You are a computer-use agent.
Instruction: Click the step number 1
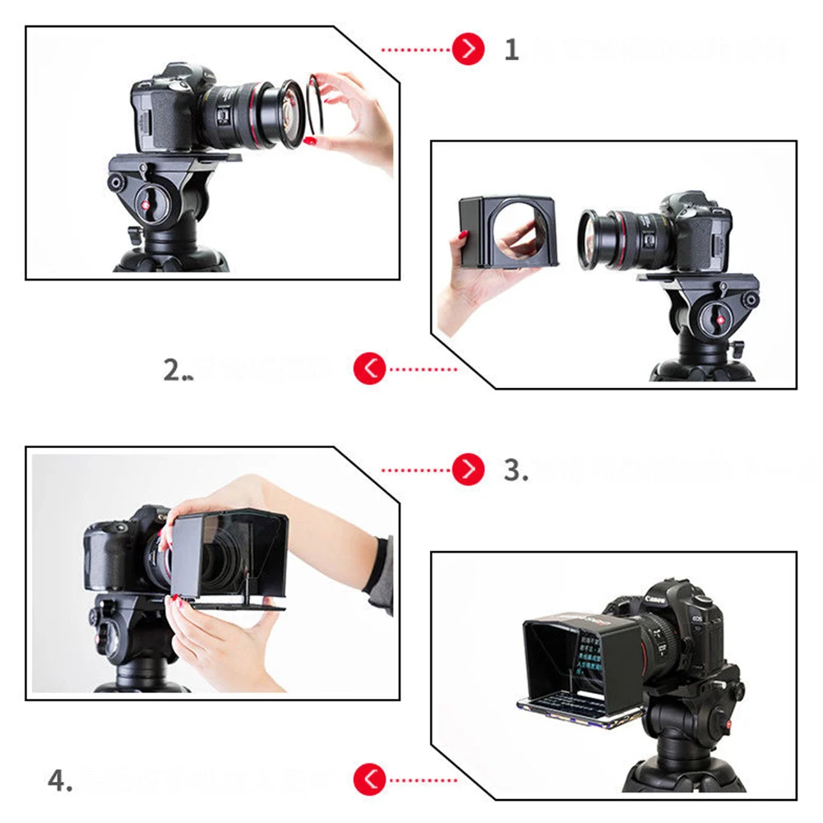click(x=511, y=50)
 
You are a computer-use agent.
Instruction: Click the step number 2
click(x=175, y=370)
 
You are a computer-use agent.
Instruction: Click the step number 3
click(x=514, y=470)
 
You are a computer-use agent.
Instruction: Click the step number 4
click(x=59, y=779)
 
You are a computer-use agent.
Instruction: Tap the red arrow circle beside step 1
click(x=468, y=50)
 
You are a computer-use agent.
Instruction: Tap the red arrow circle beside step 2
click(x=370, y=369)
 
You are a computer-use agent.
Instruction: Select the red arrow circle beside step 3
click(x=468, y=469)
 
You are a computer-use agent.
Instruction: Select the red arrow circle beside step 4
click(x=370, y=779)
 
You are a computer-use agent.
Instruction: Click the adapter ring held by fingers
click(x=315, y=104)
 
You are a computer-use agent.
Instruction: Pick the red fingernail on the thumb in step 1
click(x=311, y=141)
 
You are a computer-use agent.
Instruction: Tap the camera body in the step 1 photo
click(x=164, y=115)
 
